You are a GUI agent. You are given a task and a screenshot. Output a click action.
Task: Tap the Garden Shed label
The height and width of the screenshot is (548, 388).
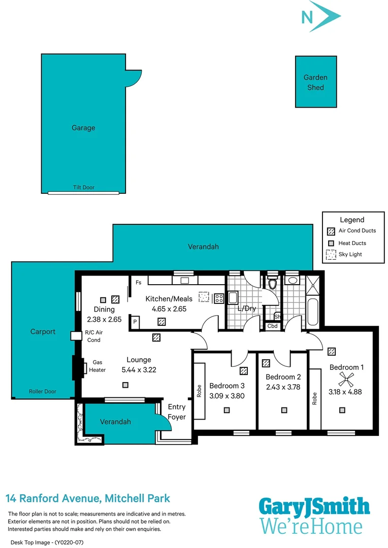click(x=315, y=82)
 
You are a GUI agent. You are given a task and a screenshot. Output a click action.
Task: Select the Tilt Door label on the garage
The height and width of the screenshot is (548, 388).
click(x=83, y=187)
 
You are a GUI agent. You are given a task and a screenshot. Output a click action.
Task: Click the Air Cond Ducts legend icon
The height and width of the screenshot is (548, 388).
click(x=331, y=231)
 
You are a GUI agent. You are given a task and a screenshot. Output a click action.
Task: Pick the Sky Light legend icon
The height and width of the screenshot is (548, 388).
click(x=331, y=254)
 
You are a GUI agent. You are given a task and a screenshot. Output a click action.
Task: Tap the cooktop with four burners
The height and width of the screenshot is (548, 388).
click(x=219, y=298)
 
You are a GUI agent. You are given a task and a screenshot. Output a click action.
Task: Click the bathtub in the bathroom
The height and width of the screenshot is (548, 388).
click(x=313, y=313)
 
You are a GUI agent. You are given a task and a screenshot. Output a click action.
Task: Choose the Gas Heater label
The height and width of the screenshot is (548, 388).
click(x=99, y=366)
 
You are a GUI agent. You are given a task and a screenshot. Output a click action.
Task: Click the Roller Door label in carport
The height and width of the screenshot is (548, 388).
click(x=43, y=391)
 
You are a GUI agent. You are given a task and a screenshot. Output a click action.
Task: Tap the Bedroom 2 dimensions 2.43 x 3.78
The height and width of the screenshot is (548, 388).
click(x=283, y=387)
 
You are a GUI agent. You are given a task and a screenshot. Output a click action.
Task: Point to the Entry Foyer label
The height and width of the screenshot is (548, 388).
click(x=177, y=412)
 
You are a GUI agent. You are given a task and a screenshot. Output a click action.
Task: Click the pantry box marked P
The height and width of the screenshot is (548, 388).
click(x=136, y=321)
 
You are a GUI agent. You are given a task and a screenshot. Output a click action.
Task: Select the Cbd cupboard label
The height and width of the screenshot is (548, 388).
click(x=273, y=326)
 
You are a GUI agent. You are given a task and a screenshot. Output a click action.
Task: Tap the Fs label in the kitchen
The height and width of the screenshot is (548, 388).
click(x=138, y=282)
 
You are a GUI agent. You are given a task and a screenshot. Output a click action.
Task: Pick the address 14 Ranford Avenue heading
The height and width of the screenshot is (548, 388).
click(x=87, y=498)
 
